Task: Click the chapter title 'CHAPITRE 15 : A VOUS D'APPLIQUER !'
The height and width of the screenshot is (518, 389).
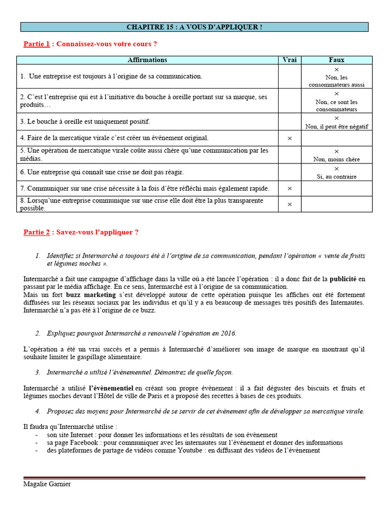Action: click(194, 27)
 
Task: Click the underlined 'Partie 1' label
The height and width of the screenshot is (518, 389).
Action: click(36, 44)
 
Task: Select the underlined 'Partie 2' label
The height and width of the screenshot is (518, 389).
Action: click(36, 232)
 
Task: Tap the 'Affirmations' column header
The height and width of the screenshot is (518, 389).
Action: click(147, 60)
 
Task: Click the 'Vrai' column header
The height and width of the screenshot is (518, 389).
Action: click(289, 60)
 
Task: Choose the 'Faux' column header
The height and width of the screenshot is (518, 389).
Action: click(336, 60)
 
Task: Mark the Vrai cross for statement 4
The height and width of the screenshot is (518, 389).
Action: click(289, 138)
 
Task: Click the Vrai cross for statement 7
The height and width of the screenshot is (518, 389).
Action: click(289, 189)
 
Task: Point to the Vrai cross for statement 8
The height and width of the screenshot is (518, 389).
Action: click(289, 204)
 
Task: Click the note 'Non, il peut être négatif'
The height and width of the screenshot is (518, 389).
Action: click(336, 126)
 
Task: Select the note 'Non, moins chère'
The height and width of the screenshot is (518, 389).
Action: click(336, 159)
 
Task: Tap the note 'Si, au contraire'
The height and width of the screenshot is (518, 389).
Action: click(336, 177)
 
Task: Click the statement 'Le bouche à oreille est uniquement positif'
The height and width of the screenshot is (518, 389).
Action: click(85, 122)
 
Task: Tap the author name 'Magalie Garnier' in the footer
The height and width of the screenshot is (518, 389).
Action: click(47, 484)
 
